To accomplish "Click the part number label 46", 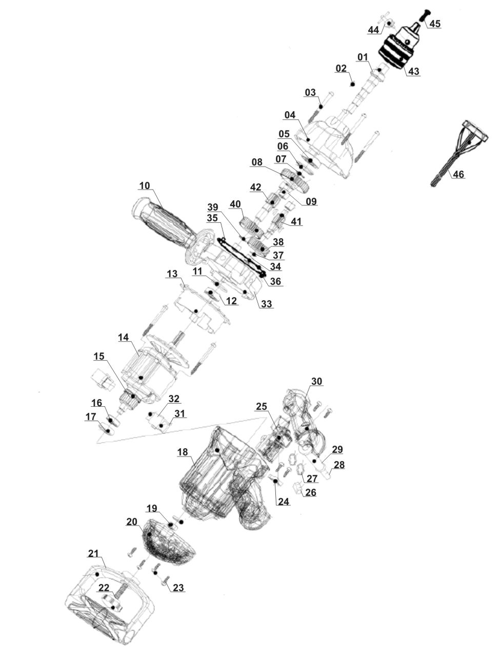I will tap(458, 175).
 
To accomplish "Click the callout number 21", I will tap(93, 554).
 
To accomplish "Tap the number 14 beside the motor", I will tap(123, 338).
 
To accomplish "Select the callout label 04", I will tap(290, 115).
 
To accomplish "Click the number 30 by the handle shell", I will tap(316, 382).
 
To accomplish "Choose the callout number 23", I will tap(178, 588).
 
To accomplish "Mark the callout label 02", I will tap(341, 69).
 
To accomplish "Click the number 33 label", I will tap(266, 304).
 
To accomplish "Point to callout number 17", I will tap(90, 418).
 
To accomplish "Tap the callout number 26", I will tap(310, 493).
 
